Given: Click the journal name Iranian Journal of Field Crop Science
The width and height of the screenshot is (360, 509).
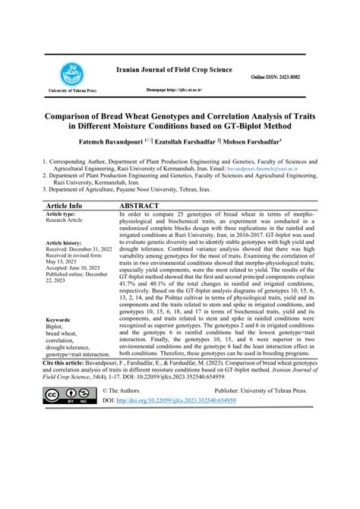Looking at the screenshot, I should point(173,68).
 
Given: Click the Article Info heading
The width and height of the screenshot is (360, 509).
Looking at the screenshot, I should point(65,205).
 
